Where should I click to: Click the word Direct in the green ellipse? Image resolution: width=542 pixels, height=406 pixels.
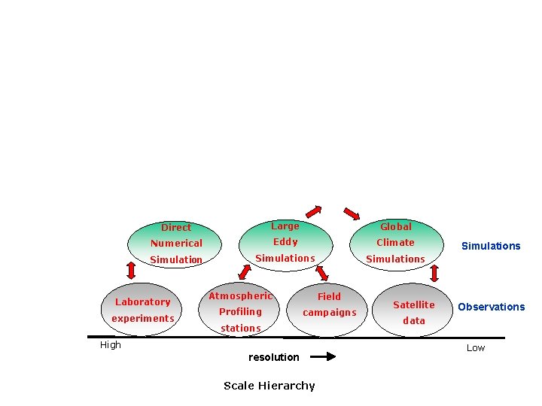pyautogui.click(x=176, y=227)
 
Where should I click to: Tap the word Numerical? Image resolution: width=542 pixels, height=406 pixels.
pyautogui.click(x=176, y=243)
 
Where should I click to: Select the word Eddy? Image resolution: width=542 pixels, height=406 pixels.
pyautogui.click(x=285, y=242)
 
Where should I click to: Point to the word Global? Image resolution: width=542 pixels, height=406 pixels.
pyautogui.click(x=396, y=226)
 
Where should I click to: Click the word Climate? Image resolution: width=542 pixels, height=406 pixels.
pyautogui.click(x=396, y=242)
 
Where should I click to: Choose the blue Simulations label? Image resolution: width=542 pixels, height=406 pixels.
pyautogui.click(x=491, y=246)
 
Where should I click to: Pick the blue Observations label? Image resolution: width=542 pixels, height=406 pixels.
pyautogui.click(x=492, y=307)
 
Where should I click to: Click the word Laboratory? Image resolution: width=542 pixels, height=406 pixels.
pyautogui.click(x=143, y=301)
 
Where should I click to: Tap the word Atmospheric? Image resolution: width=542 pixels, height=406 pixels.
pyautogui.click(x=240, y=296)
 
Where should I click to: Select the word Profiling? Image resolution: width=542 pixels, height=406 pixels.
pyautogui.click(x=240, y=311)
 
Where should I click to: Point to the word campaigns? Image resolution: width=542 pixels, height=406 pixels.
pyautogui.click(x=330, y=312)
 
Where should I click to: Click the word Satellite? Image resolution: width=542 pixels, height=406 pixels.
pyautogui.click(x=414, y=304)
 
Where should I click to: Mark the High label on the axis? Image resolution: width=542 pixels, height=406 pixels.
pyautogui.click(x=111, y=345)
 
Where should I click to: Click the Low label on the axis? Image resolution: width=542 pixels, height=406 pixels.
pyautogui.click(x=476, y=348)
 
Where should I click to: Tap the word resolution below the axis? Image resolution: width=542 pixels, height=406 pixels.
pyautogui.click(x=274, y=357)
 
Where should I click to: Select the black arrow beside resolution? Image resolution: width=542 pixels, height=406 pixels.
pyautogui.click(x=323, y=357)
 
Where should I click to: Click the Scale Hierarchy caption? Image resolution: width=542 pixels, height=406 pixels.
pyautogui.click(x=269, y=386)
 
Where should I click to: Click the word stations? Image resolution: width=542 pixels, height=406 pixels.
pyautogui.click(x=241, y=328)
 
